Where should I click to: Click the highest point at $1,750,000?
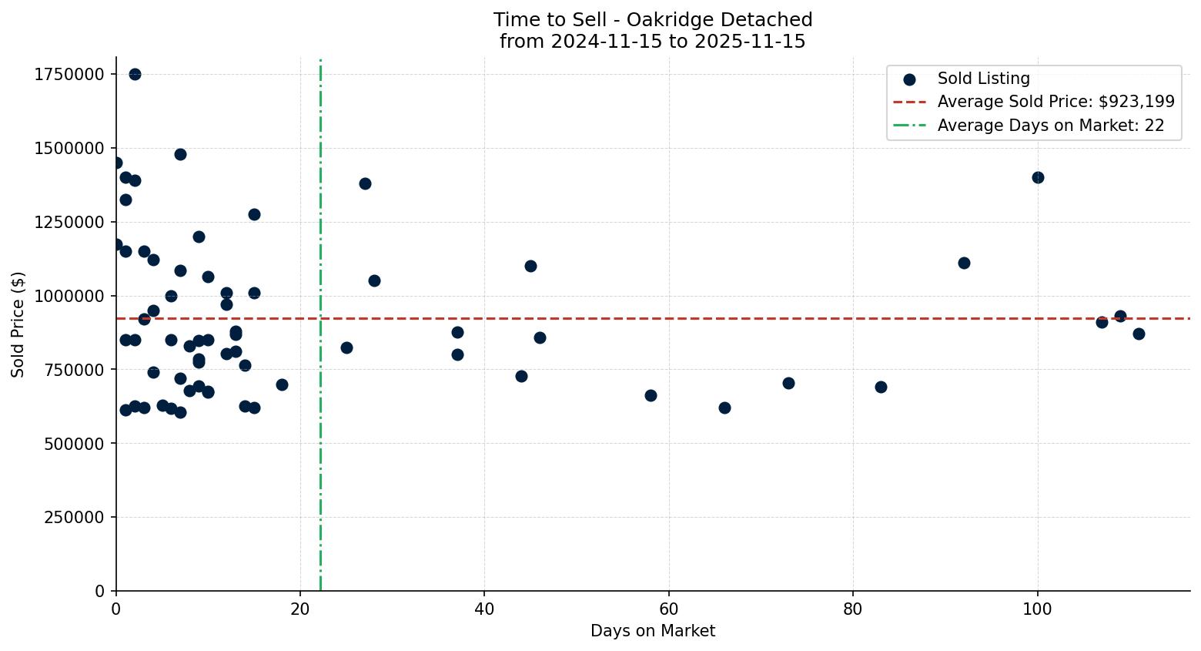[x=135, y=74]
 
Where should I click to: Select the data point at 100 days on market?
[x=1038, y=177]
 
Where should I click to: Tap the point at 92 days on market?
[x=964, y=263]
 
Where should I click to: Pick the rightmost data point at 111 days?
[x=1139, y=334]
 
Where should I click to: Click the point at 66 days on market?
[x=724, y=408]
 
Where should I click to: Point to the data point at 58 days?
[x=651, y=395]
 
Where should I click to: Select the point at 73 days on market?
[x=788, y=383]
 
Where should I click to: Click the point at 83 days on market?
[x=881, y=387]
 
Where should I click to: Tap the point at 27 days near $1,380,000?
[x=365, y=183]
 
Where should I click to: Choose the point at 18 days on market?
[x=282, y=384]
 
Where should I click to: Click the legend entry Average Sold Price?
[x=1055, y=102]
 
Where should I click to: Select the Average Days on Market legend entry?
[x=1050, y=126]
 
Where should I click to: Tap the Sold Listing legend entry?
[x=983, y=79]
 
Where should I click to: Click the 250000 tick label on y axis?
[x=73, y=517]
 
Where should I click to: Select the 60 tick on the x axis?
[x=668, y=609]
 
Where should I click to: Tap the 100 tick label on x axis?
[x=1037, y=609]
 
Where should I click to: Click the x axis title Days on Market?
[x=652, y=631]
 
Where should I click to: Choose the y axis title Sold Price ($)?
[x=18, y=324]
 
